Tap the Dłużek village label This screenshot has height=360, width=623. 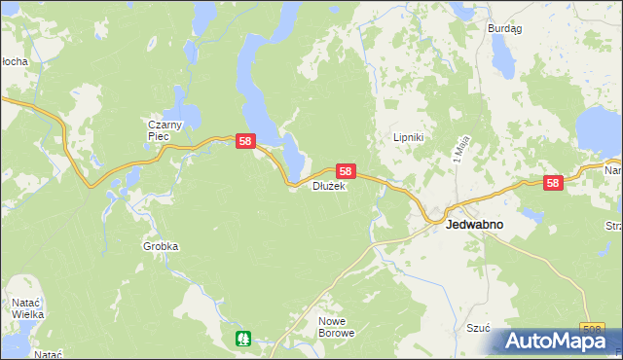pyautogui.click(x=329, y=187)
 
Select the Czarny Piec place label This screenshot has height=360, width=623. pyautogui.click(x=159, y=130)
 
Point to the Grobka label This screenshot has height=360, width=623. pyautogui.click(x=161, y=247)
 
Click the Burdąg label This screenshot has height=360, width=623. pyautogui.click(x=504, y=29)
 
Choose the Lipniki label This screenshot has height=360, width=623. pyautogui.click(x=407, y=138)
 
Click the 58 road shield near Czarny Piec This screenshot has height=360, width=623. pyautogui.click(x=246, y=142)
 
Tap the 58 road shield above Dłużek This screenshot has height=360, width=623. pyautogui.click(x=346, y=170)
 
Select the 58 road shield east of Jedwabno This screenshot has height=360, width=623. pyautogui.click(x=553, y=182)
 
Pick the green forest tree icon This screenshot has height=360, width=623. pyautogui.click(x=242, y=338)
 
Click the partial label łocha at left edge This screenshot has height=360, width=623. pyautogui.click(x=14, y=61)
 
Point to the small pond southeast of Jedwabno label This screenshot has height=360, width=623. pyautogui.click(x=531, y=215)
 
